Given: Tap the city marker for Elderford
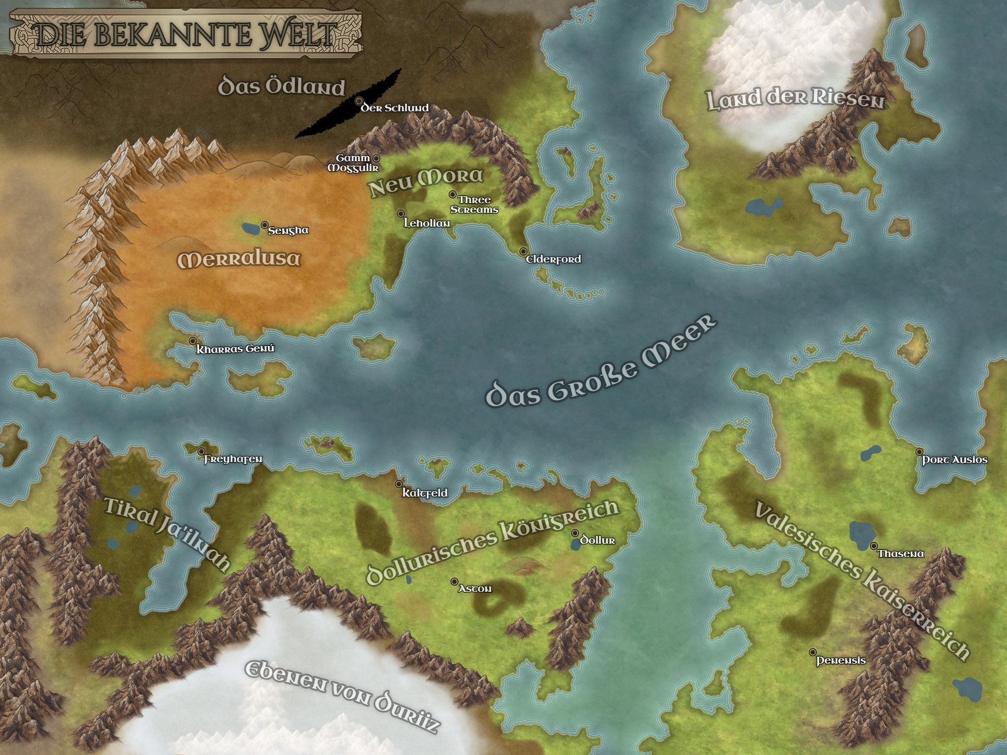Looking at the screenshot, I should pos(523,252).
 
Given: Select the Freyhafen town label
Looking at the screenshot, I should pos(233,460).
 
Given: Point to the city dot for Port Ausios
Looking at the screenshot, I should pos(919,452).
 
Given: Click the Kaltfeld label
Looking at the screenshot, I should pos(425,493).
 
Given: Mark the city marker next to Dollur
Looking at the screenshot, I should pos(575,533).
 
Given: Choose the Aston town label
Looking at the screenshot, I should pos(474,589).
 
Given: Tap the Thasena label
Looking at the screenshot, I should pos(901,554).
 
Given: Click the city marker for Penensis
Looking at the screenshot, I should pos(813,652).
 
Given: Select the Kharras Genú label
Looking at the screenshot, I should pos(235,349).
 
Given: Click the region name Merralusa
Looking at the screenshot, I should pos(239,260).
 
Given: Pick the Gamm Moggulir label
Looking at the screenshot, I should pos(353,163).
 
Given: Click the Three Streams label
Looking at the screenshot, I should pos(474,205).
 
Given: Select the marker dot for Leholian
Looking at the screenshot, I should pos(401,214).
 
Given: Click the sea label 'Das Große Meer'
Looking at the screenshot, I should pos(600,364).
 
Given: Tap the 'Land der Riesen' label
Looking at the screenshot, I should pos(795,99).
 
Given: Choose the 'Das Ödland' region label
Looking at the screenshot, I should pos(281,87).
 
